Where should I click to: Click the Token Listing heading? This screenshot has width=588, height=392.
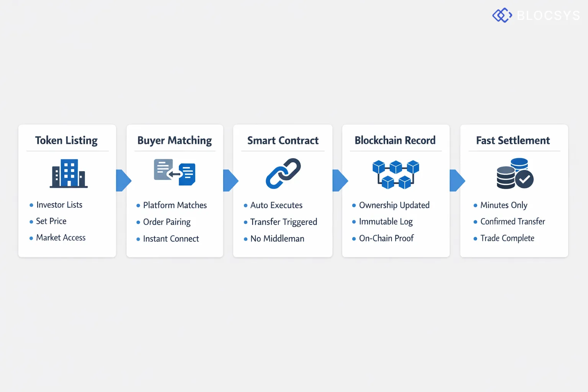(x=66, y=140)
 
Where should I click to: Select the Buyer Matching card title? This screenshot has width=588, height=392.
(x=175, y=140)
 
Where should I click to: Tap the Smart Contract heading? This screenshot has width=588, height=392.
(x=283, y=140)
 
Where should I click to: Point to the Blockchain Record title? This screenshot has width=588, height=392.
(x=395, y=140)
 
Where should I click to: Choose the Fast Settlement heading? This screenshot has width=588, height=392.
(x=513, y=140)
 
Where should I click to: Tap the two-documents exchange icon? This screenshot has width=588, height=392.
(x=175, y=172)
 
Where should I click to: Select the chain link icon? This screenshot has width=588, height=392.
(x=283, y=173)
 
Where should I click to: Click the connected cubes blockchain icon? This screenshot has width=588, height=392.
(x=395, y=174)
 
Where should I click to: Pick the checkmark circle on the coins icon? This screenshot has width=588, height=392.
(x=524, y=179)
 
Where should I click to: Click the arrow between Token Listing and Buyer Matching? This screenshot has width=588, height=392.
(x=123, y=180)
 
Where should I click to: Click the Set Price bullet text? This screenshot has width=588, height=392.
(x=51, y=221)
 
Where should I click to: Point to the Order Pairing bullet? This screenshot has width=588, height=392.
(x=167, y=222)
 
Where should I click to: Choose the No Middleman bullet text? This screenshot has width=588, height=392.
(x=277, y=239)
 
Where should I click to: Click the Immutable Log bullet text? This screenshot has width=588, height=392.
(x=385, y=222)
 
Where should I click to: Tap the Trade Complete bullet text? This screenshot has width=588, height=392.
(x=507, y=238)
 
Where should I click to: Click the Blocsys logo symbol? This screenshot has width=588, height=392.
(x=502, y=15)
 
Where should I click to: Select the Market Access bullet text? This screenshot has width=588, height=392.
(x=60, y=238)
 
